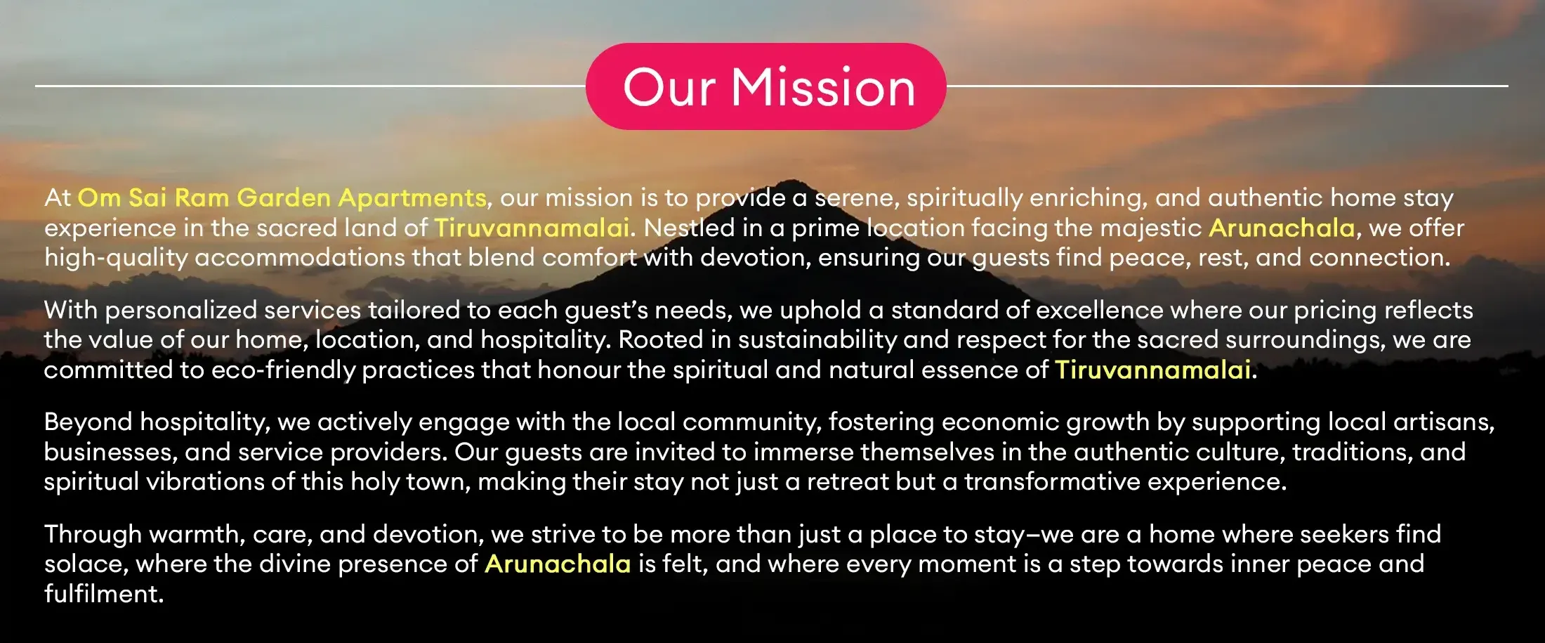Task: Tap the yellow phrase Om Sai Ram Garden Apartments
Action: pyautogui.click(x=282, y=198)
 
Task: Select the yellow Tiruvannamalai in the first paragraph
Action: pyautogui.click(x=531, y=228)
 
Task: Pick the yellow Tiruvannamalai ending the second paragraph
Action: pyautogui.click(x=1152, y=370)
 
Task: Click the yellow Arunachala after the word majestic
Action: pyautogui.click(x=1282, y=228)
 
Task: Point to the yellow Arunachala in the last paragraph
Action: pyautogui.click(x=558, y=564)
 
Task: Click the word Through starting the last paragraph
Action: pyautogui.click(x=93, y=535)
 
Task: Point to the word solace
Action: pyautogui.click(x=86, y=564)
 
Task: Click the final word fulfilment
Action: pyautogui.click(x=103, y=594)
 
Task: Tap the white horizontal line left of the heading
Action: pyautogui.click(x=310, y=86)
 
